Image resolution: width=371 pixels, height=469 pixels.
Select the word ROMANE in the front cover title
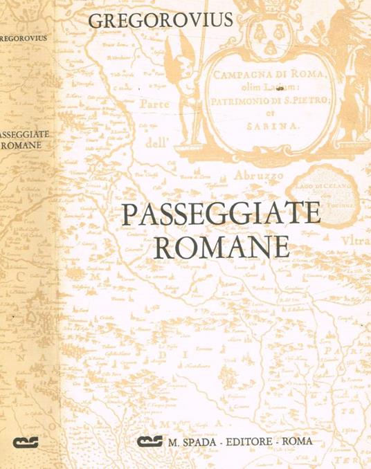point(220,247)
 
